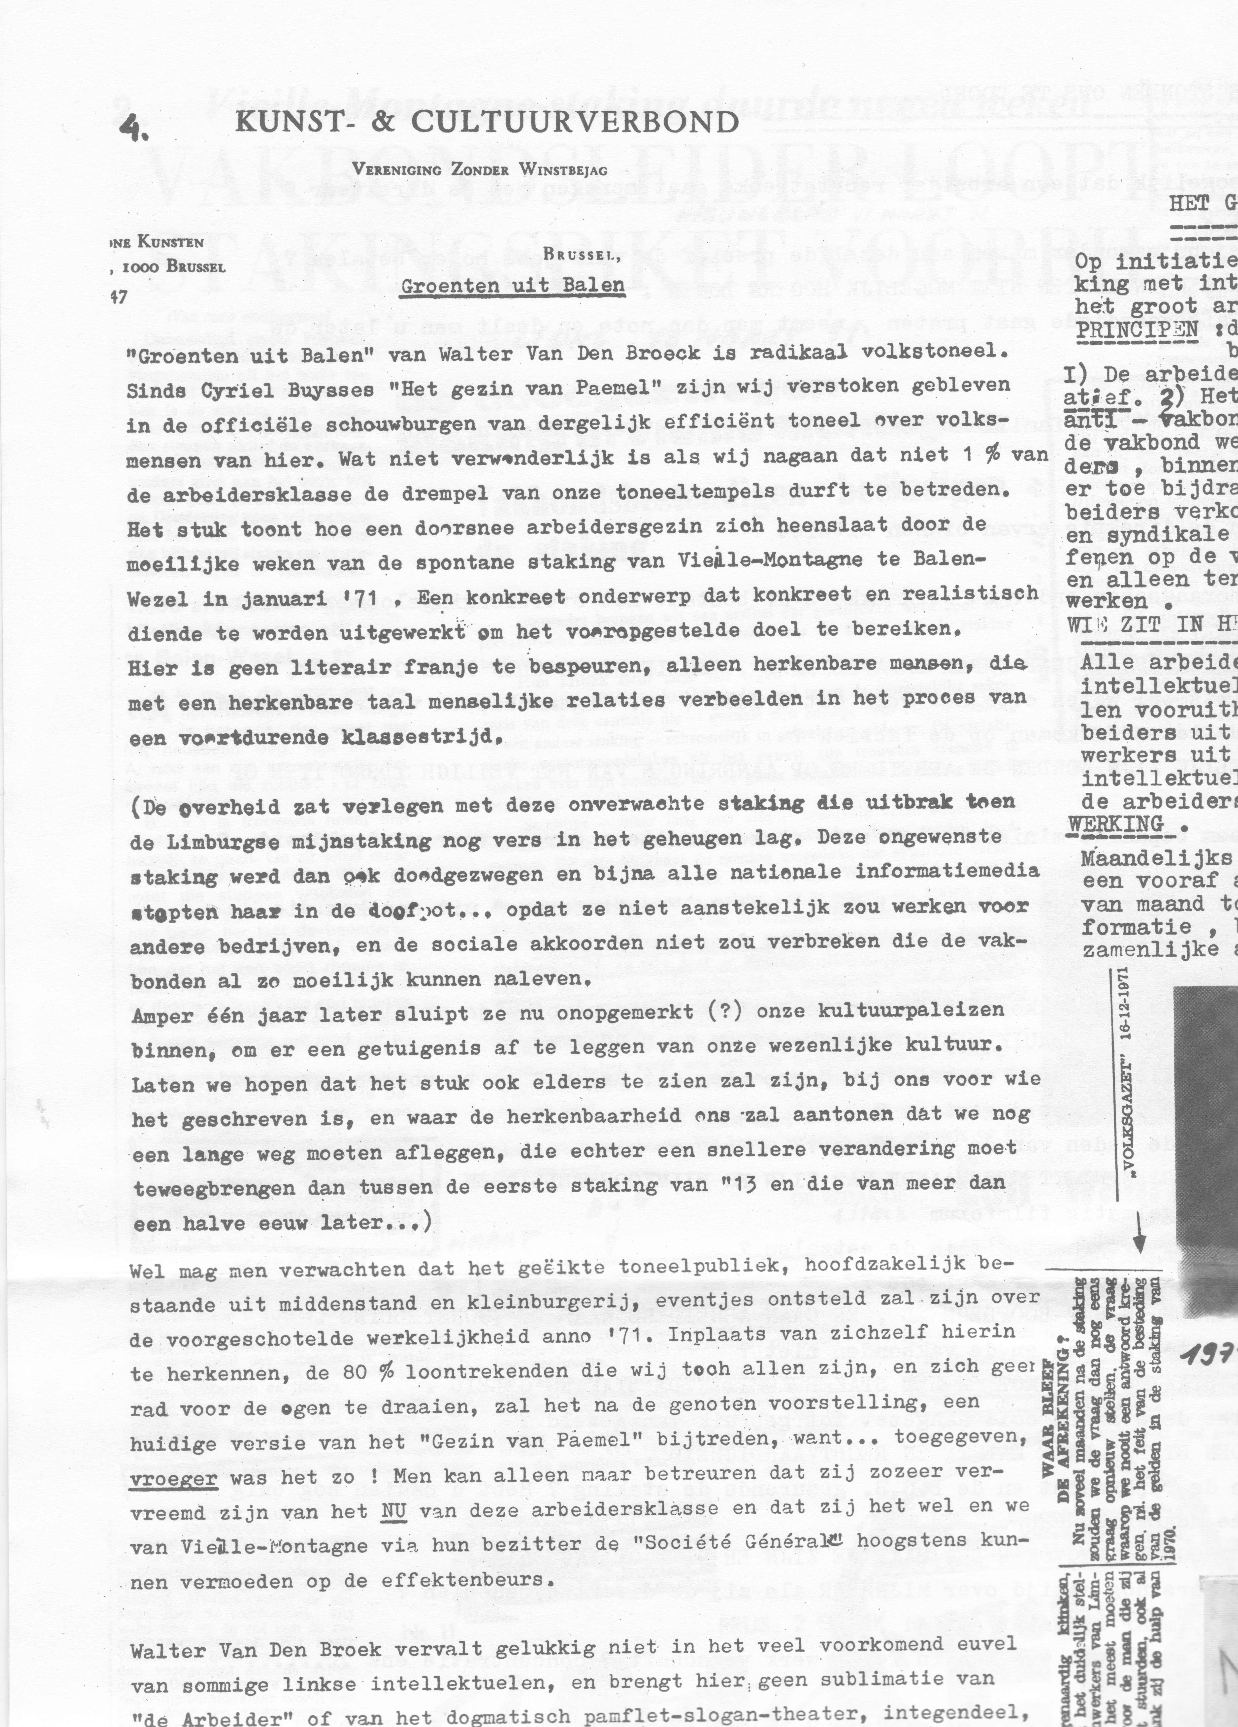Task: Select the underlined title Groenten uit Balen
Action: [512, 286]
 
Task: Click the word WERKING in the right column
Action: [1115, 825]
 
